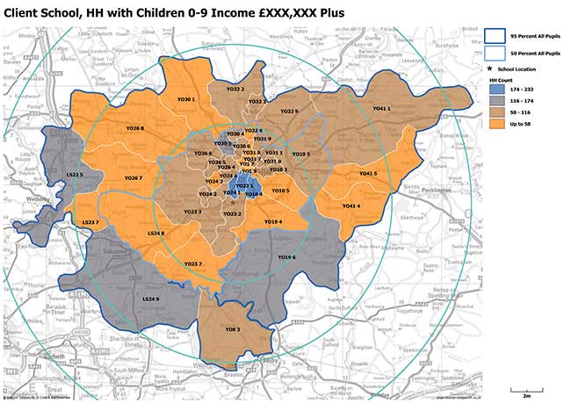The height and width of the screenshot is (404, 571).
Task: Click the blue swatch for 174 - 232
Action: pyautogui.click(x=495, y=90)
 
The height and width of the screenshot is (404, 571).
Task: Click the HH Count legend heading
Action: pyautogui.click(x=500, y=80)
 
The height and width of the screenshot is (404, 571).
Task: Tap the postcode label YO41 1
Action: pyautogui.click(x=380, y=108)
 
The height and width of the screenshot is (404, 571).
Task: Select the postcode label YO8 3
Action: pyautogui.click(x=233, y=328)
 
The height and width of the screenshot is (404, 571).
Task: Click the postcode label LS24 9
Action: pyautogui.click(x=150, y=299)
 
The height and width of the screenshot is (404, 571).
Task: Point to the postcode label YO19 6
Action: pyautogui.click(x=286, y=257)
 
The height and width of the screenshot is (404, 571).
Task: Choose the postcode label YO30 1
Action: pyautogui.click(x=185, y=99)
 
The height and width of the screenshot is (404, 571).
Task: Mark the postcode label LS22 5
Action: pyautogui.click(x=75, y=175)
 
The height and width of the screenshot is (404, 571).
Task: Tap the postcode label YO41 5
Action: pyautogui.click(x=367, y=173)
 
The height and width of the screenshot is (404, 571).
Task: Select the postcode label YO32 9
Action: pyautogui.click(x=289, y=112)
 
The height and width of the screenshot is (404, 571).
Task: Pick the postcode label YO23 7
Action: pyautogui.click(x=193, y=263)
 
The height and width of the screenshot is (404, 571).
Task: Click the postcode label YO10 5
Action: pyautogui.click(x=280, y=190)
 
